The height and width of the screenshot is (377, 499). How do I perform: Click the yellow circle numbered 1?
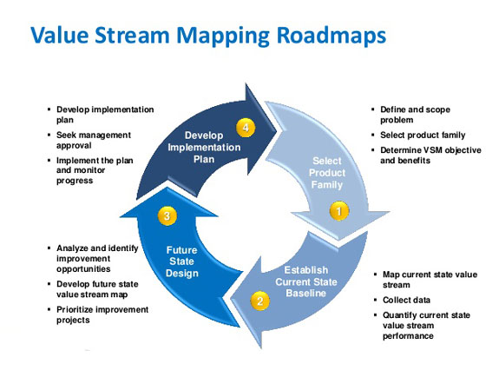tap(339, 210)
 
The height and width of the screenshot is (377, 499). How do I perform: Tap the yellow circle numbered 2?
tap(260, 301)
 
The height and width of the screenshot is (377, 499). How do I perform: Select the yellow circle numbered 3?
tap(167, 215)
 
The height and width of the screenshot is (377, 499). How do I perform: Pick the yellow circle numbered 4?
tap(246, 128)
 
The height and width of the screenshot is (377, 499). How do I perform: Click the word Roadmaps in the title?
tap(332, 36)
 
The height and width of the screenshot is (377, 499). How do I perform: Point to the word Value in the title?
tap(59, 35)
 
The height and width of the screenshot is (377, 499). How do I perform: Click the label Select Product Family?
tap(327, 173)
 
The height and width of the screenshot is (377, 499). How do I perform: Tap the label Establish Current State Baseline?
tap(306, 281)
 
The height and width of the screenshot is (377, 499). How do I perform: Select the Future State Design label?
tap(181, 261)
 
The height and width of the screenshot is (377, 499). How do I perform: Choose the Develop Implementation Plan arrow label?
tap(204, 147)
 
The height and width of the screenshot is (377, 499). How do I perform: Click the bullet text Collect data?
tap(406, 300)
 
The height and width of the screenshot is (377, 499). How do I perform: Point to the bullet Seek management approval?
tap(94, 140)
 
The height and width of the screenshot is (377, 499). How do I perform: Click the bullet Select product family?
tap(423, 136)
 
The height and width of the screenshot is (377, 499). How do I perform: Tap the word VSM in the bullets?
tap(432, 150)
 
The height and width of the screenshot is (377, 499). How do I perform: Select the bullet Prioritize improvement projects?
tap(102, 314)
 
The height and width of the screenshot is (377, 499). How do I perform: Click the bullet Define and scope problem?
tap(415, 115)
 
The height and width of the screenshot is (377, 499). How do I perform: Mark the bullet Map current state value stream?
tap(430, 280)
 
